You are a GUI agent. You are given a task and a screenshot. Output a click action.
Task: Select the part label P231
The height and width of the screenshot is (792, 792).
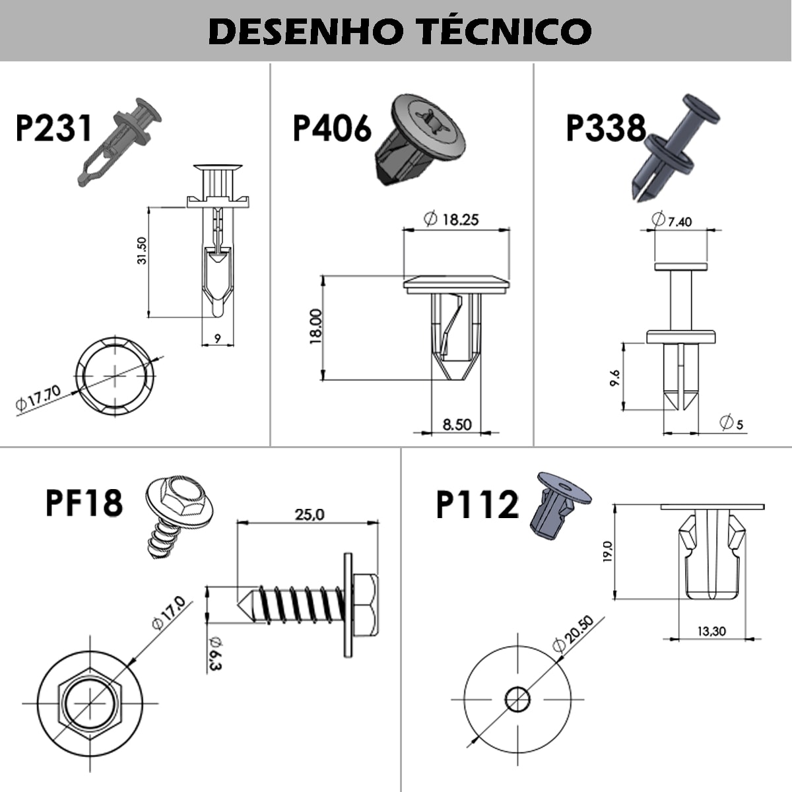pos(54,128)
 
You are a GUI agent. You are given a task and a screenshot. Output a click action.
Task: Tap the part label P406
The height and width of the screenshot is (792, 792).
pos(332,128)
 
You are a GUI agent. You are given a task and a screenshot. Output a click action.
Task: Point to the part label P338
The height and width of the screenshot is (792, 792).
pos(606,128)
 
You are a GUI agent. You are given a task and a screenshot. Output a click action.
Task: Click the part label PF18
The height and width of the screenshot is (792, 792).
pos(84,502)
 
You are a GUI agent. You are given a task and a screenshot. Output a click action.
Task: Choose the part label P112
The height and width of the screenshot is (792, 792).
pos(477,506)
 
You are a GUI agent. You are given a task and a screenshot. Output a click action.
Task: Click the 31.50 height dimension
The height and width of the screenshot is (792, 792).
pos(141,251)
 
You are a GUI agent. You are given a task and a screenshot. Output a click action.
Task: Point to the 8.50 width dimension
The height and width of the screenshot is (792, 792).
pos(457,424)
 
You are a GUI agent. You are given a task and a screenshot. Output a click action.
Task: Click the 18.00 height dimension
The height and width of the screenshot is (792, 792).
pos(315,326)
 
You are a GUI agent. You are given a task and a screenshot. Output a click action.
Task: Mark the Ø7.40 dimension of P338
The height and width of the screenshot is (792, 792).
pos(672,220)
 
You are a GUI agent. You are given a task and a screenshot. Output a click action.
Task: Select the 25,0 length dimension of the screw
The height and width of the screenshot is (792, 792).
pos(309,514)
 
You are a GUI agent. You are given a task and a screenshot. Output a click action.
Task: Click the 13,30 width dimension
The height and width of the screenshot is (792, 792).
pos(711,631)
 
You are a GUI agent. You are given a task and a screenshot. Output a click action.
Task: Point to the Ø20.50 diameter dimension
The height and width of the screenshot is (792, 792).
pos(572,634)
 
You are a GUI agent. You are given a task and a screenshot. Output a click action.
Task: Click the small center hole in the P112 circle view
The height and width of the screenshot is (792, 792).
pos(517,698)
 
